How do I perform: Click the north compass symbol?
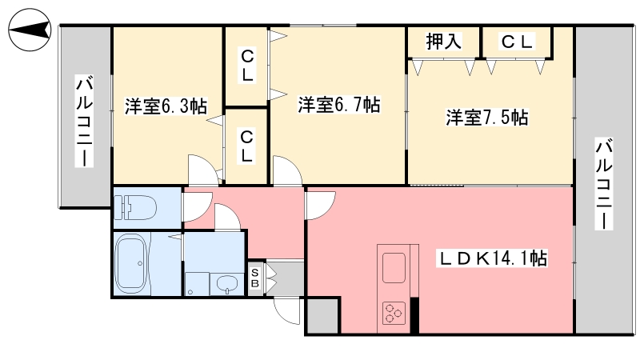[x=30, y=30]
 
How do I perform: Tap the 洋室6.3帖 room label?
[x=166, y=106]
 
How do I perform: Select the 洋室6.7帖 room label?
[x=339, y=105]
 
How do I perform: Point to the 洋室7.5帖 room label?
[x=487, y=118]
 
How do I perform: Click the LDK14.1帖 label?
[x=493, y=258]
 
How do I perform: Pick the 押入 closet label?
[x=444, y=42]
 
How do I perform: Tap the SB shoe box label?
[x=254, y=278]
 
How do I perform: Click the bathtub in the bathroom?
[x=131, y=263]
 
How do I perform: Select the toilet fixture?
[x=135, y=207]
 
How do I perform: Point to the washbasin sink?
[x=226, y=283]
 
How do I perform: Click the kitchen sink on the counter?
[x=394, y=268]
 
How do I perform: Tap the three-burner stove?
[x=394, y=313]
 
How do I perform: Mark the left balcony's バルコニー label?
[x=84, y=122]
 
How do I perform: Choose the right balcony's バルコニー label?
[x=604, y=184]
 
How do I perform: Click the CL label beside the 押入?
[x=517, y=42]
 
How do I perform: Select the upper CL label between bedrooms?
[x=247, y=66]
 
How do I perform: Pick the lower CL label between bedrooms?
[x=247, y=146]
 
